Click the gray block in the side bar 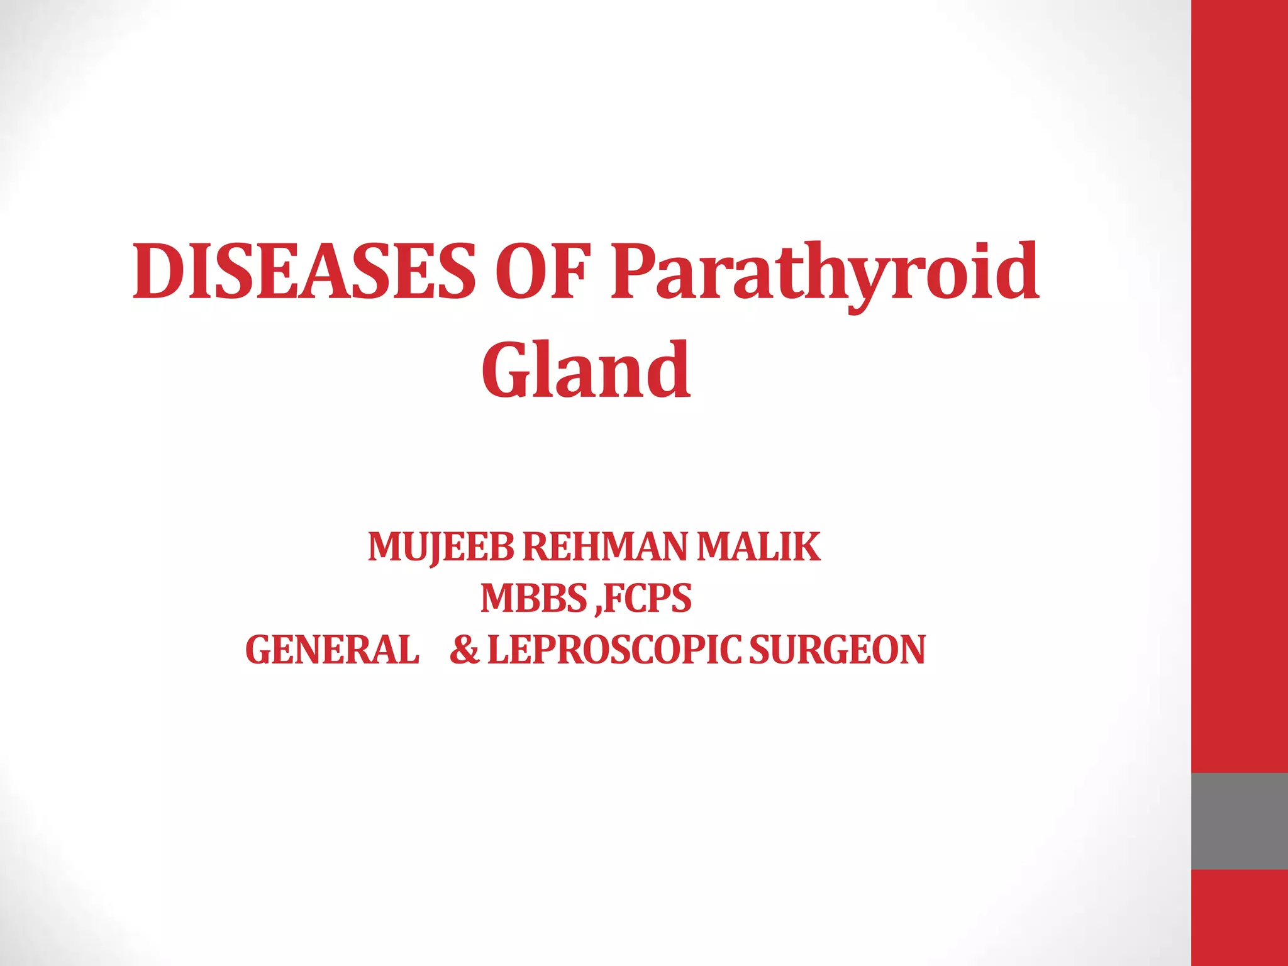tap(1239, 821)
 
